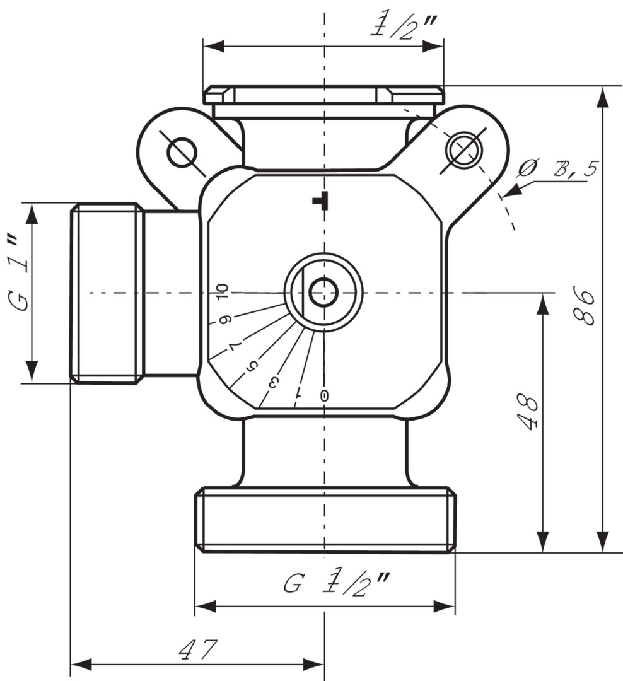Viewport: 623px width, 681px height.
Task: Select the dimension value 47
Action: click(x=198, y=649)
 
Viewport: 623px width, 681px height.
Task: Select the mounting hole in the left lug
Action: click(x=182, y=152)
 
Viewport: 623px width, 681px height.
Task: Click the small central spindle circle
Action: click(x=323, y=293)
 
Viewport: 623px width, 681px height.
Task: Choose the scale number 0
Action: click(x=324, y=395)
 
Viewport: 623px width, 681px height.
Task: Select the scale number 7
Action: click(x=235, y=345)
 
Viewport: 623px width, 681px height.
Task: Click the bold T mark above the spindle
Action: click(x=321, y=201)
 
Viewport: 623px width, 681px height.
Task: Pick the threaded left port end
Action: click(x=104, y=293)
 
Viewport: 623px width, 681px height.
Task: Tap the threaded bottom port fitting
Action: click(x=325, y=520)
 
